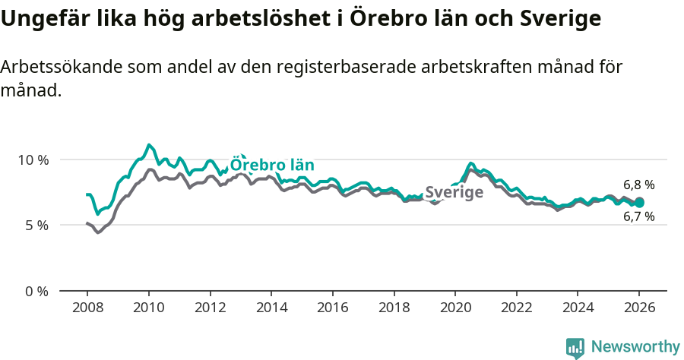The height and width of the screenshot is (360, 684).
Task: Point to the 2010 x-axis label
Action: tap(148, 309)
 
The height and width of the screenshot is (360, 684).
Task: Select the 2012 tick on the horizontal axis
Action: tap(210, 309)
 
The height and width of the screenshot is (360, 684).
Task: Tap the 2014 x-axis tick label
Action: tap(271, 309)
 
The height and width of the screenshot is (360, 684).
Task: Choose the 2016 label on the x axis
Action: tap(332, 309)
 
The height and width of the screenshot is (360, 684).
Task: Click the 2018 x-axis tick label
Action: tap(394, 309)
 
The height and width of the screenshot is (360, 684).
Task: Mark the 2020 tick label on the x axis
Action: tap(454, 309)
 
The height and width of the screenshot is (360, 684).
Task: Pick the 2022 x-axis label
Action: tap(516, 309)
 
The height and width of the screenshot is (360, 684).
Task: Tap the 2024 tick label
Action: tap(578, 309)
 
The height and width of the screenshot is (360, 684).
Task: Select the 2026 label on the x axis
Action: tap(638, 309)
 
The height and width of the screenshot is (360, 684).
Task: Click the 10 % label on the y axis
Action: tap(33, 160)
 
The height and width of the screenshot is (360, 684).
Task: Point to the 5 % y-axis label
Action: tap(36, 226)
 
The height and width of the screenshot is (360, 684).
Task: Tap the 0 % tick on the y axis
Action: tap(36, 292)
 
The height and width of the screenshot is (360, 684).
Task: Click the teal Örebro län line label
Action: tap(272, 166)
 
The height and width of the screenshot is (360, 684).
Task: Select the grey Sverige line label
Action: tap(454, 193)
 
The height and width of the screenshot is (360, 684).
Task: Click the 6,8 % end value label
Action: tap(638, 185)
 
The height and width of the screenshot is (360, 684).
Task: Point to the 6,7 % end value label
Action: tap(638, 217)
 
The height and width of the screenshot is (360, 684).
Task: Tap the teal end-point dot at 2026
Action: tap(639, 203)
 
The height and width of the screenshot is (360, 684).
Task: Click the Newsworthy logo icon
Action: tap(575, 348)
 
